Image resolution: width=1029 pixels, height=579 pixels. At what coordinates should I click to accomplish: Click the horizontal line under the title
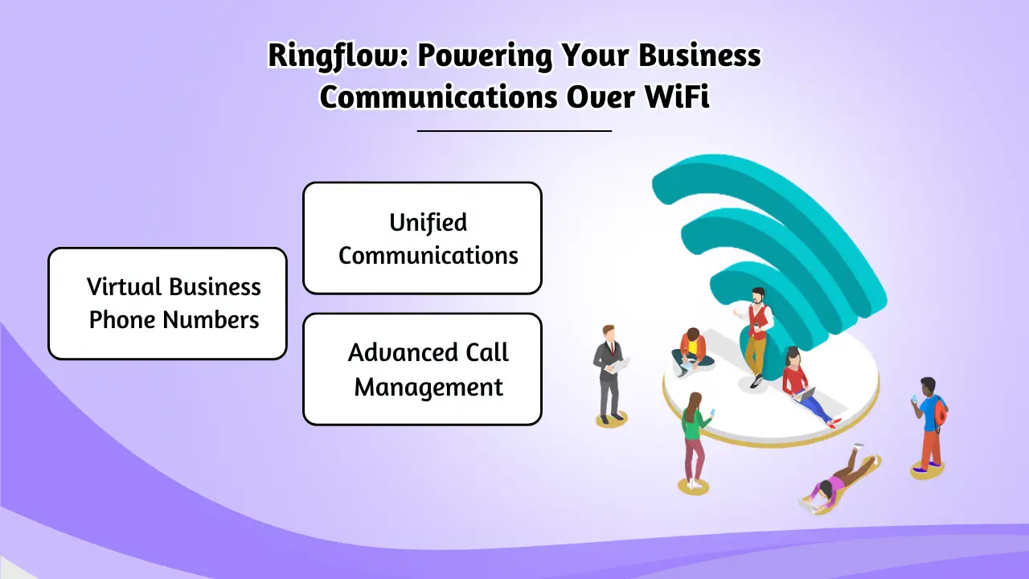(514, 130)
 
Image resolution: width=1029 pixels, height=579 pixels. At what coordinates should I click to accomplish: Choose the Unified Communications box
(422, 238)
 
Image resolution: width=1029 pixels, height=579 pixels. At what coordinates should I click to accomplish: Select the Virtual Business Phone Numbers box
(167, 303)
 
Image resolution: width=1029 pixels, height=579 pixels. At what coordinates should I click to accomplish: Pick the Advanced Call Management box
(422, 369)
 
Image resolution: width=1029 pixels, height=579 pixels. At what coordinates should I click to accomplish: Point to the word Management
(428, 387)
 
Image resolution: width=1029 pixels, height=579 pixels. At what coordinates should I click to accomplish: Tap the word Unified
(428, 223)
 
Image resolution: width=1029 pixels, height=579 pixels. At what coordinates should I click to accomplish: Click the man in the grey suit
(609, 372)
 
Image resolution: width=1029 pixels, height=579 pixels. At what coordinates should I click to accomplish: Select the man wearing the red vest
(756, 334)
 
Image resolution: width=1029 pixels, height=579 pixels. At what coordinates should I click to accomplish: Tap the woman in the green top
(693, 438)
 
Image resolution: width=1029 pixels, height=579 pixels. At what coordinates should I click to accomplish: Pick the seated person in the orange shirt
(692, 351)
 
